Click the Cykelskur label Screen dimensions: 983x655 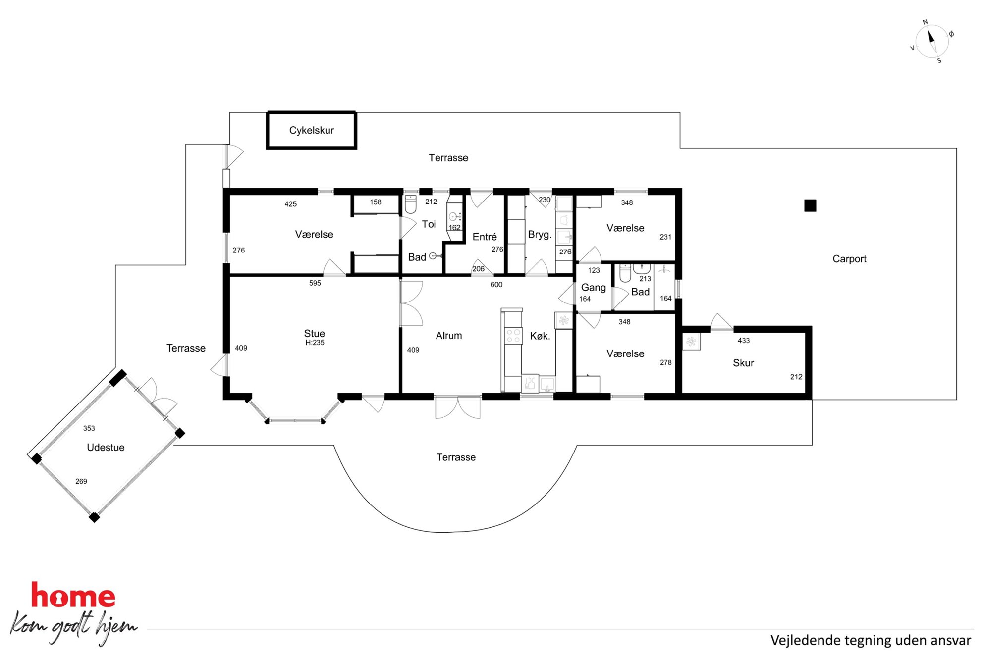(x=311, y=130)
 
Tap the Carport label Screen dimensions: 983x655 (x=849, y=259)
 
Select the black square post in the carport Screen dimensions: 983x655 (x=810, y=205)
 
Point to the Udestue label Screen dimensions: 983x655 (x=106, y=448)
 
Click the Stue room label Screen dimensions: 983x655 (x=315, y=334)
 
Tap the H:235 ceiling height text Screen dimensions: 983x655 (x=315, y=343)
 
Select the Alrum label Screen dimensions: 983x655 (x=449, y=336)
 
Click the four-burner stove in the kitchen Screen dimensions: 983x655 (x=513, y=335)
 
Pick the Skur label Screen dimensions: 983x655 (x=743, y=363)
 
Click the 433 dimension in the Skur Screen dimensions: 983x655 (x=744, y=341)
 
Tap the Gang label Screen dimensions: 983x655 (x=594, y=288)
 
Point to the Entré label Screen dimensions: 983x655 (x=485, y=237)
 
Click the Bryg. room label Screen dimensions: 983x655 (x=540, y=235)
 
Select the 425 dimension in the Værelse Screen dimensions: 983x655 (x=291, y=204)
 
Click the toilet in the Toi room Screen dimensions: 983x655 (x=411, y=204)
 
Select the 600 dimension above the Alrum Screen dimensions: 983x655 (x=496, y=285)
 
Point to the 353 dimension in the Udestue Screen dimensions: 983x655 (x=89, y=428)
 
